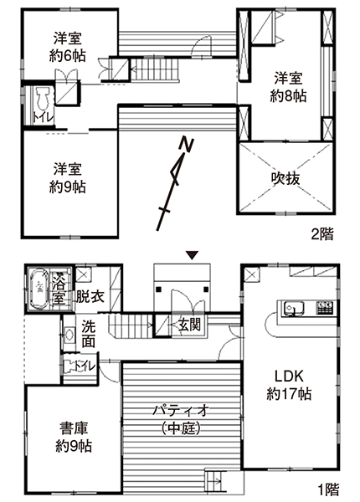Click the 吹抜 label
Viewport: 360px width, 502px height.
pos(285,179)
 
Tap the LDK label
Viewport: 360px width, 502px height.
pos(289,376)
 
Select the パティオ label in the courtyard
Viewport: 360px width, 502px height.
pos(182,410)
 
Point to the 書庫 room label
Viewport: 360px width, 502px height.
pos(74,428)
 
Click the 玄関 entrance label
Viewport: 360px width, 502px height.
pos(189,325)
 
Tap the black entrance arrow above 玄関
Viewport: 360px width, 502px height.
pos(193,255)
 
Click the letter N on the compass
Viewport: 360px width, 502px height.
pos(187,144)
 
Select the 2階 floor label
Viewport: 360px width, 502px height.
pos(322,234)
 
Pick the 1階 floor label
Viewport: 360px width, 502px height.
pos(328,489)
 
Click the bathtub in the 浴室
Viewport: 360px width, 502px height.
pos(39,289)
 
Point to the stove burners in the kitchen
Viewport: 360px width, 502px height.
pos(325,307)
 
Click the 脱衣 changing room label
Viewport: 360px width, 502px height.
pos(90,297)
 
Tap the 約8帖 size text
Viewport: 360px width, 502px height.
pos(288,95)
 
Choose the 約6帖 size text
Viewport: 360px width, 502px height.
pos(67,56)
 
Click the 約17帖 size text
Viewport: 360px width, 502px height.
pos(289,393)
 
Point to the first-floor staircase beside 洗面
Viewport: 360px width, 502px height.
pos(131,325)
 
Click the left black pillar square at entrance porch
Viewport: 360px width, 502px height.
pos(158,289)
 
